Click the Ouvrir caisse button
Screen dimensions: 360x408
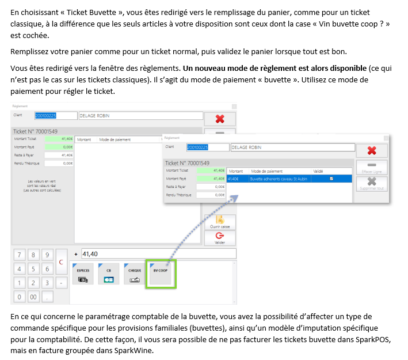tap(220, 222)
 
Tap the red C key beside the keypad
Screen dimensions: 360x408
tap(62, 262)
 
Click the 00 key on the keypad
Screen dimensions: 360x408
tap(34, 297)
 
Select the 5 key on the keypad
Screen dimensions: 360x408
tap(34, 269)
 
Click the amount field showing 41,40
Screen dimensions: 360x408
tap(158, 254)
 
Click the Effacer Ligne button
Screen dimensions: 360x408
tap(371, 168)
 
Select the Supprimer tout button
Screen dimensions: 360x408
tap(371, 183)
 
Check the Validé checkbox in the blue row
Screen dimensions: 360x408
tap(331, 179)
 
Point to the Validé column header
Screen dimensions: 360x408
tap(318, 171)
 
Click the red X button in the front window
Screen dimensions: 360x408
tap(371, 150)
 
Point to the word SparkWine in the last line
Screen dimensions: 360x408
tap(136, 351)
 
